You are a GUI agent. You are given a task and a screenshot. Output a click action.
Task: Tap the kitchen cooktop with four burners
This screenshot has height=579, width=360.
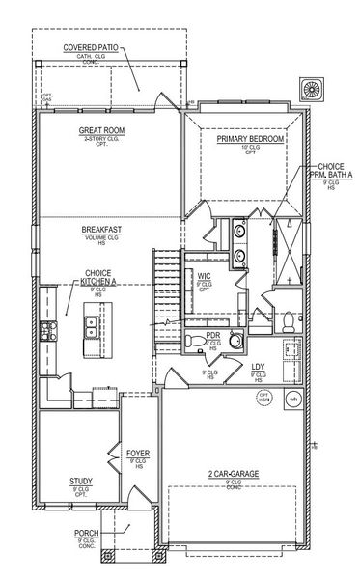(45, 333)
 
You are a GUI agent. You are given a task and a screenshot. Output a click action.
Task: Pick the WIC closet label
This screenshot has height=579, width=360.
(205, 276)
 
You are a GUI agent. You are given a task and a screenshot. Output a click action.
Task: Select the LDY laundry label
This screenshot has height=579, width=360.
(258, 367)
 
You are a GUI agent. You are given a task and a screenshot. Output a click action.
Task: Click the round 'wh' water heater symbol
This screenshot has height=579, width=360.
(294, 398)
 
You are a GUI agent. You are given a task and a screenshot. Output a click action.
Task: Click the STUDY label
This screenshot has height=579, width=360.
(80, 480)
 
